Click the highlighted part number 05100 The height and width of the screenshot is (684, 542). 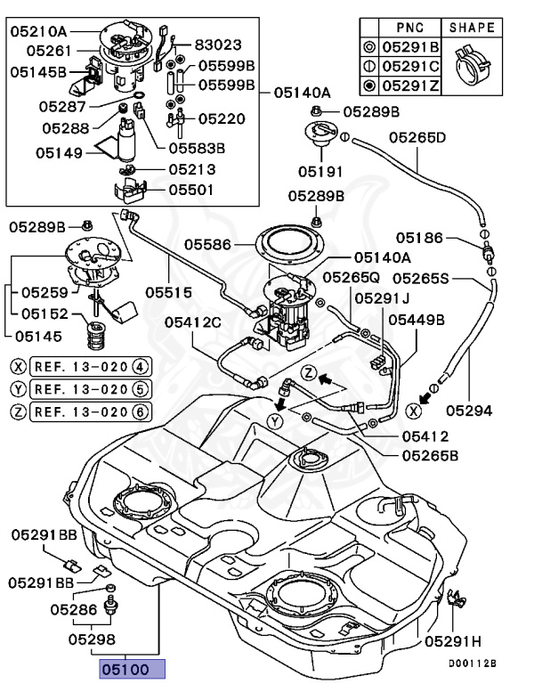pos(131,669)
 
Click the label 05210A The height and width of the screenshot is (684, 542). pos(38,32)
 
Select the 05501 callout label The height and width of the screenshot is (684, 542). pos(191,189)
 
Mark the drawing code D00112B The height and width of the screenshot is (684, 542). pos(473,664)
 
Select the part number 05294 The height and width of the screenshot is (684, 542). pos(469,411)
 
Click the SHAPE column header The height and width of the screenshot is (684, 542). pos(472,27)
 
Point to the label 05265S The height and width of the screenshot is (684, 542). pos(418,279)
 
